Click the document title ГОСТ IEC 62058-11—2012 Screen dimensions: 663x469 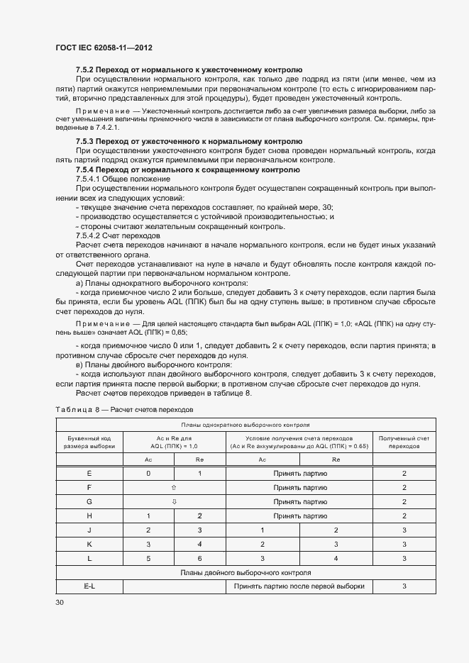tap(104, 48)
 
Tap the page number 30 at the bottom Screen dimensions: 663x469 tap(60, 602)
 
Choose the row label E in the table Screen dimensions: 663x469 tap(89, 473)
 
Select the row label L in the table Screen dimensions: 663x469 tap(89, 558)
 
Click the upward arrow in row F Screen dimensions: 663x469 tap(174, 487)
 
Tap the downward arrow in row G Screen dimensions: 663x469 tap(174, 501)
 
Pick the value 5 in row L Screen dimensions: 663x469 tap(148, 558)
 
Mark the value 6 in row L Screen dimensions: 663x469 tap(199, 558)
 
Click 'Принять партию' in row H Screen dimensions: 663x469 tap(299, 516)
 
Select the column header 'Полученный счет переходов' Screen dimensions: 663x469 tap(404, 442)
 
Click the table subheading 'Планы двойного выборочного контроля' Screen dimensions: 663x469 tap(245, 572)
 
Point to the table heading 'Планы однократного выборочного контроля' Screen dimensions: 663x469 tap(245, 425)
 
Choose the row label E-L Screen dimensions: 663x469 tap(89, 586)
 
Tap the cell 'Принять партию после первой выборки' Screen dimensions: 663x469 tap(299, 586)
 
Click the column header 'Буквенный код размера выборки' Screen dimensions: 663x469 tap(89, 442)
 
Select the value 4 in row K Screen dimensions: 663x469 tap(199, 544)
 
